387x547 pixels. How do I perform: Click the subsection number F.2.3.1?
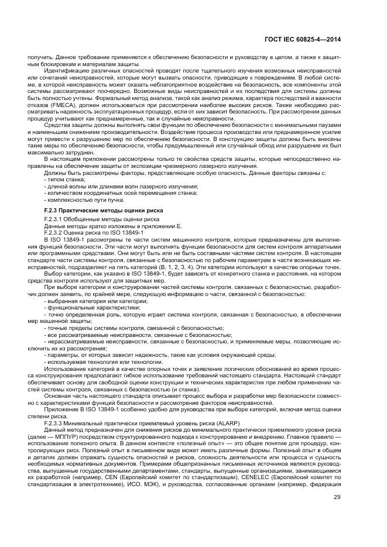(x=55, y=219)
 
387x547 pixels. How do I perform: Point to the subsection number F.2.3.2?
(x=55, y=232)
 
